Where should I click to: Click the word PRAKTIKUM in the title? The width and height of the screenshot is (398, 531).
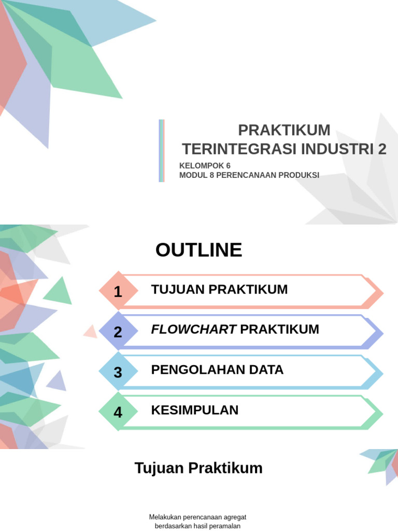[x=284, y=130]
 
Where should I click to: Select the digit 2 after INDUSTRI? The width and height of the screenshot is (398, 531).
[x=382, y=149]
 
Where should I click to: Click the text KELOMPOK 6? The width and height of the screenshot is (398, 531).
[x=205, y=165]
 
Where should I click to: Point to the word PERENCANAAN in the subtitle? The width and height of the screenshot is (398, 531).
[x=246, y=175]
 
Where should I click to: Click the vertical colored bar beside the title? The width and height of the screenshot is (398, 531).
[x=162, y=151]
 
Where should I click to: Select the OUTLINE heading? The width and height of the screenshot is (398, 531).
[x=198, y=250]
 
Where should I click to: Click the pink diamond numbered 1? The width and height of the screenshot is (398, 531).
[x=118, y=291]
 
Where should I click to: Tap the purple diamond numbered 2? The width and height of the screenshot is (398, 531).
[x=118, y=332]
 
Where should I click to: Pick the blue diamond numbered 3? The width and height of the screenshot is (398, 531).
[x=118, y=372]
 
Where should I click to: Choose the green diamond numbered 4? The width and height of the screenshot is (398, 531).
[x=118, y=412]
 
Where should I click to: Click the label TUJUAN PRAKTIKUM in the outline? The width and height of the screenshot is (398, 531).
[x=219, y=289]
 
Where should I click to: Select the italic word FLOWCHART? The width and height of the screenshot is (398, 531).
[x=194, y=329]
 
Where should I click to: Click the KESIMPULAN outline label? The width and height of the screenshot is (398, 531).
[x=195, y=410]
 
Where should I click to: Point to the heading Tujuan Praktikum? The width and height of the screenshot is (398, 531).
[x=198, y=468]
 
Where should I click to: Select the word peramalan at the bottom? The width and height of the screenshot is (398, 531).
[x=225, y=526]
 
